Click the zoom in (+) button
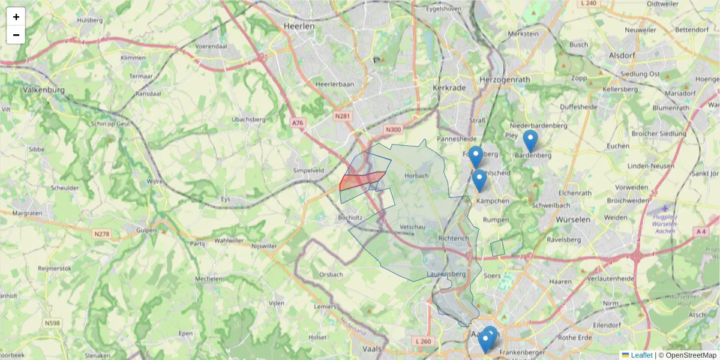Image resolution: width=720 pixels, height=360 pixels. (16, 17)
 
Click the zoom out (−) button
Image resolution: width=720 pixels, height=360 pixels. (16, 35)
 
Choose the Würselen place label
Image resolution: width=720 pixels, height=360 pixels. (574, 220)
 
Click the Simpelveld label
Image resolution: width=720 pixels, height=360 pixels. (309, 170)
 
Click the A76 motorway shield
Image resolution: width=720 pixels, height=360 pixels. (298, 122)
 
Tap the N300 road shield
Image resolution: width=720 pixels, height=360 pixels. (393, 130)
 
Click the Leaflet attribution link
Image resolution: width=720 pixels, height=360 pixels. (641, 355)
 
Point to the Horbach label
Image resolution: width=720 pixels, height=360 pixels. (417, 176)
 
